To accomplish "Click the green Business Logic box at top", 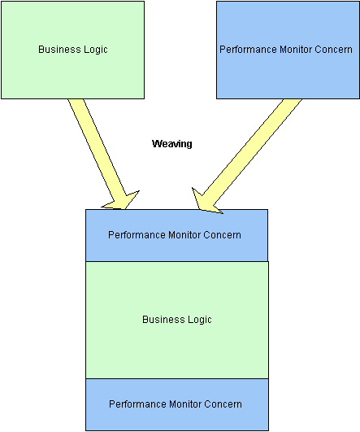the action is pyautogui.click(x=72, y=50).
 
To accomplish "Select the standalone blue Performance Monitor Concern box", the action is pyautogui.click(x=288, y=50).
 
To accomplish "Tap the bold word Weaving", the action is pyautogui.click(x=172, y=143).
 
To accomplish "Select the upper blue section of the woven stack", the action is pyautogui.click(x=176, y=235).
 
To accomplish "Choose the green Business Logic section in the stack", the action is pyautogui.click(x=177, y=320).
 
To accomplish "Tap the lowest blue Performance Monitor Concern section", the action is pyautogui.click(x=177, y=404).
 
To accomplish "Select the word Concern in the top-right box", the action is pyautogui.click(x=333, y=50).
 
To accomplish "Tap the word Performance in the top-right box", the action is pyautogui.click(x=248, y=50).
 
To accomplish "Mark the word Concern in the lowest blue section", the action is pyautogui.click(x=223, y=404).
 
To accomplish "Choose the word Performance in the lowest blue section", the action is pyautogui.click(x=137, y=404).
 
